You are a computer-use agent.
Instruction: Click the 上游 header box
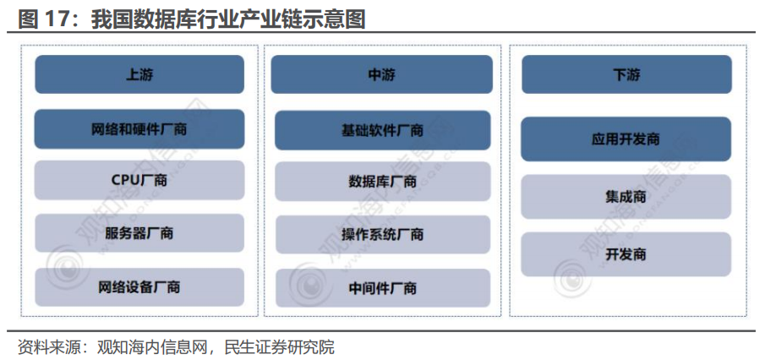click(x=139, y=74)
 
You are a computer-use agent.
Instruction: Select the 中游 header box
click(x=382, y=74)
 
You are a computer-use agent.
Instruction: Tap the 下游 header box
click(x=626, y=74)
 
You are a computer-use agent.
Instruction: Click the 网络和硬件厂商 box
click(x=139, y=129)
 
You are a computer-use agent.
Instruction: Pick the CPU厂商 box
click(x=139, y=180)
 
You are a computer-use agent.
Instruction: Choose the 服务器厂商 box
click(x=139, y=232)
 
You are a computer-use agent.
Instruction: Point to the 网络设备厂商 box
click(x=139, y=287)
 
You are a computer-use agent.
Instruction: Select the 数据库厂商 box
click(x=382, y=181)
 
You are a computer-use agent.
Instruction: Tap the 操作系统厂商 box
click(x=382, y=234)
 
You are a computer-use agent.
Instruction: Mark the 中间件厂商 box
click(x=382, y=288)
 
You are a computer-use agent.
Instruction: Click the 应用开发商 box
click(x=626, y=139)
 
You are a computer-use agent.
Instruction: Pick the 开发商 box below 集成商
click(x=626, y=254)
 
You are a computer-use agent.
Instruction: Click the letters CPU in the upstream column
click(x=125, y=180)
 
